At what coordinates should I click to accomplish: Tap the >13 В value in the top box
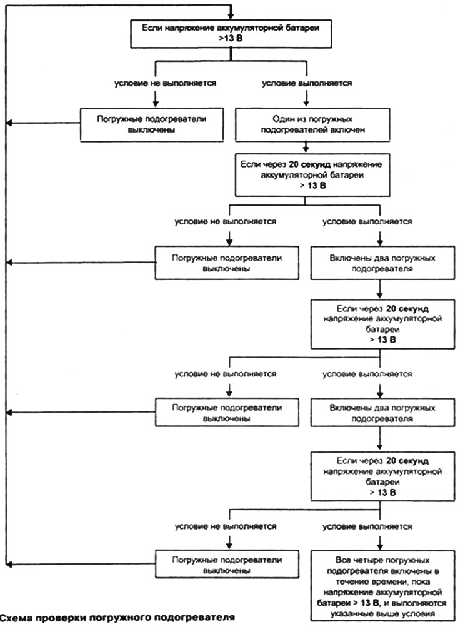(x=231, y=39)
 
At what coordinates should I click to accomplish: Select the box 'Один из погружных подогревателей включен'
(x=312, y=124)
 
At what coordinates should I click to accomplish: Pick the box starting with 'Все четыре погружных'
(x=382, y=586)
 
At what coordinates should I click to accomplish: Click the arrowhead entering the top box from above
(x=231, y=16)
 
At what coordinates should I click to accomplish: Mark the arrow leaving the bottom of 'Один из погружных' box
(x=306, y=146)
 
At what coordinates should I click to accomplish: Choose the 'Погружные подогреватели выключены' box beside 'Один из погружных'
(x=152, y=124)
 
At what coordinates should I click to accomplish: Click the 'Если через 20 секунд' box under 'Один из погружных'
(x=312, y=175)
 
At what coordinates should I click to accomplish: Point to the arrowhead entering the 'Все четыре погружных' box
(x=380, y=546)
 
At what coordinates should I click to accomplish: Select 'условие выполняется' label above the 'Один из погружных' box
(x=307, y=83)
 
